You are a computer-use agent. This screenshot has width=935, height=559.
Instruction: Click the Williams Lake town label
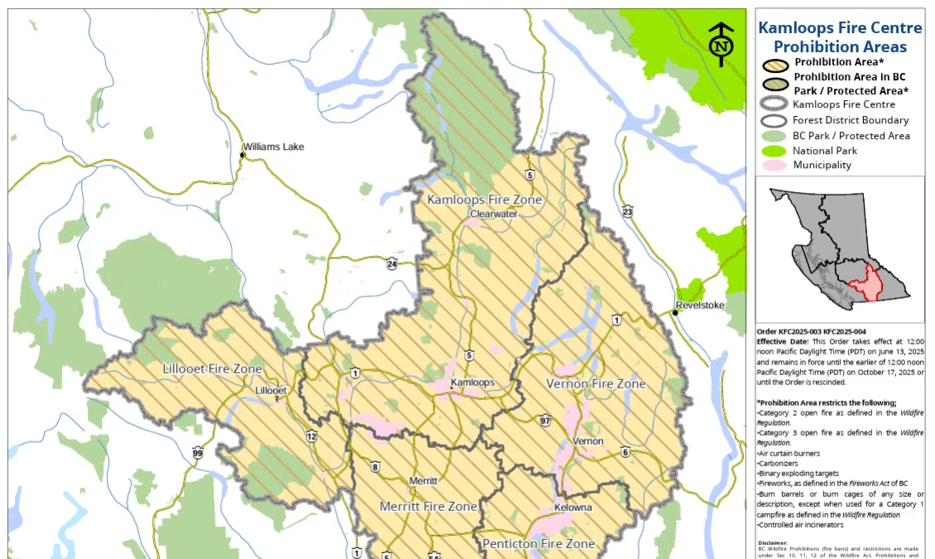click(273, 147)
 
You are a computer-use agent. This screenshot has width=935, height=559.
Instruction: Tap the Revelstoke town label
click(700, 305)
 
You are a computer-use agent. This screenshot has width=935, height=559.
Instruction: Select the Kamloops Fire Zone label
click(484, 200)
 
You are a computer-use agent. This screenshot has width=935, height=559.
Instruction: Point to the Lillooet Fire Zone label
click(213, 369)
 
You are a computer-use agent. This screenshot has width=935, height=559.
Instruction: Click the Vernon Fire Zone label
click(596, 384)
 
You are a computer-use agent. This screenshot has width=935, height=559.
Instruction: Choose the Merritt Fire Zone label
click(428, 506)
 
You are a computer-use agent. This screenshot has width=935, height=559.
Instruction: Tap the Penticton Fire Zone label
click(539, 544)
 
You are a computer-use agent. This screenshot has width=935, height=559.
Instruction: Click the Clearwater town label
click(493, 214)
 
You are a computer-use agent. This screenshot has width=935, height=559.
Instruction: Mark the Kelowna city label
click(573, 508)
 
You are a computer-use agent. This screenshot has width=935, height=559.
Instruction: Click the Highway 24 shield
click(391, 263)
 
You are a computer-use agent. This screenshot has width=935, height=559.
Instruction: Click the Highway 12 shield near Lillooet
click(311, 436)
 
